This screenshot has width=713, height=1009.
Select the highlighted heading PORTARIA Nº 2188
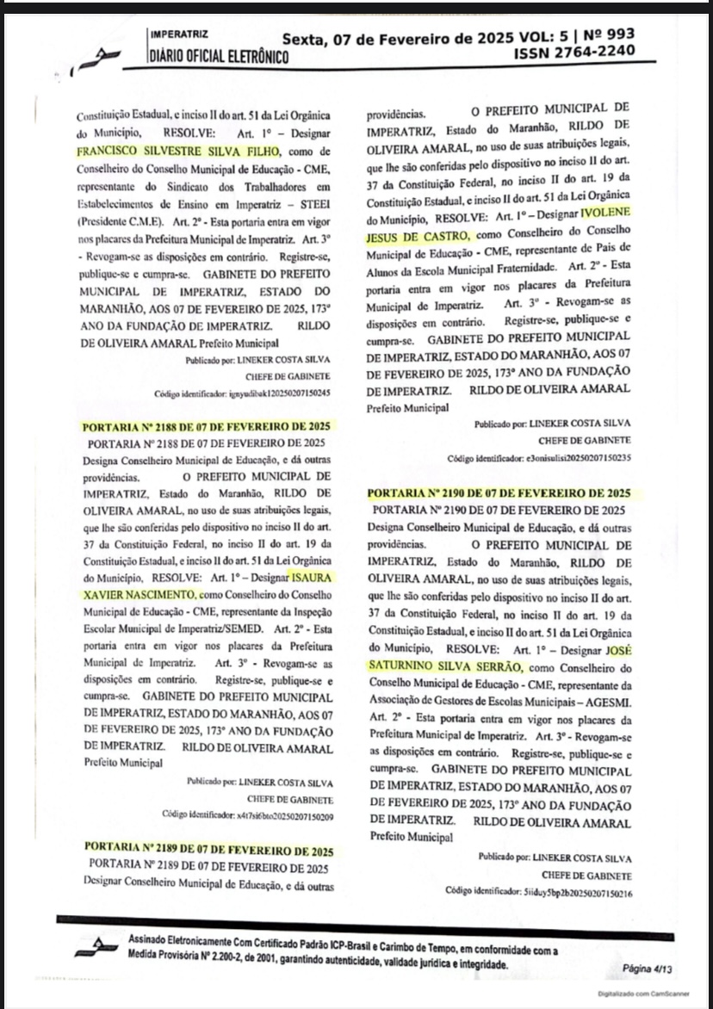(207, 427)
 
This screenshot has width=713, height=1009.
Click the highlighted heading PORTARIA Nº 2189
(207, 851)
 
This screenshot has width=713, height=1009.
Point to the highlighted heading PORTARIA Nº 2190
(499, 494)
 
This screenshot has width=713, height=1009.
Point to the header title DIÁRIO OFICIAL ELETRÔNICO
(219, 58)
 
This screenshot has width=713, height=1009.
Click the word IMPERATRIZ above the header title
(179, 36)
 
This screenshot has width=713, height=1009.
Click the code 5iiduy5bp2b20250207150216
(574, 892)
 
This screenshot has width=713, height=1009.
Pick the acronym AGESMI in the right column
(604, 701)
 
